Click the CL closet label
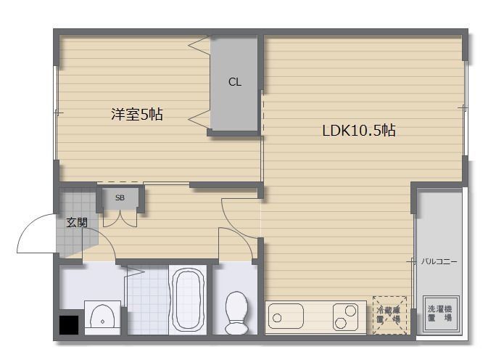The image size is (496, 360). point(234,82)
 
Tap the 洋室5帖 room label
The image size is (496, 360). point(136,114)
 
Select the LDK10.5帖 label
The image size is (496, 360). point(358,131)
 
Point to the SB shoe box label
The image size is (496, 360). point(120,197)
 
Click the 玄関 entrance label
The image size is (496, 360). point(78,222)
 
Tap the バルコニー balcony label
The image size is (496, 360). point(439,261)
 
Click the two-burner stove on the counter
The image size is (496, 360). point(346,316)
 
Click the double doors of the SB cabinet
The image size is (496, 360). point(120,217)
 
